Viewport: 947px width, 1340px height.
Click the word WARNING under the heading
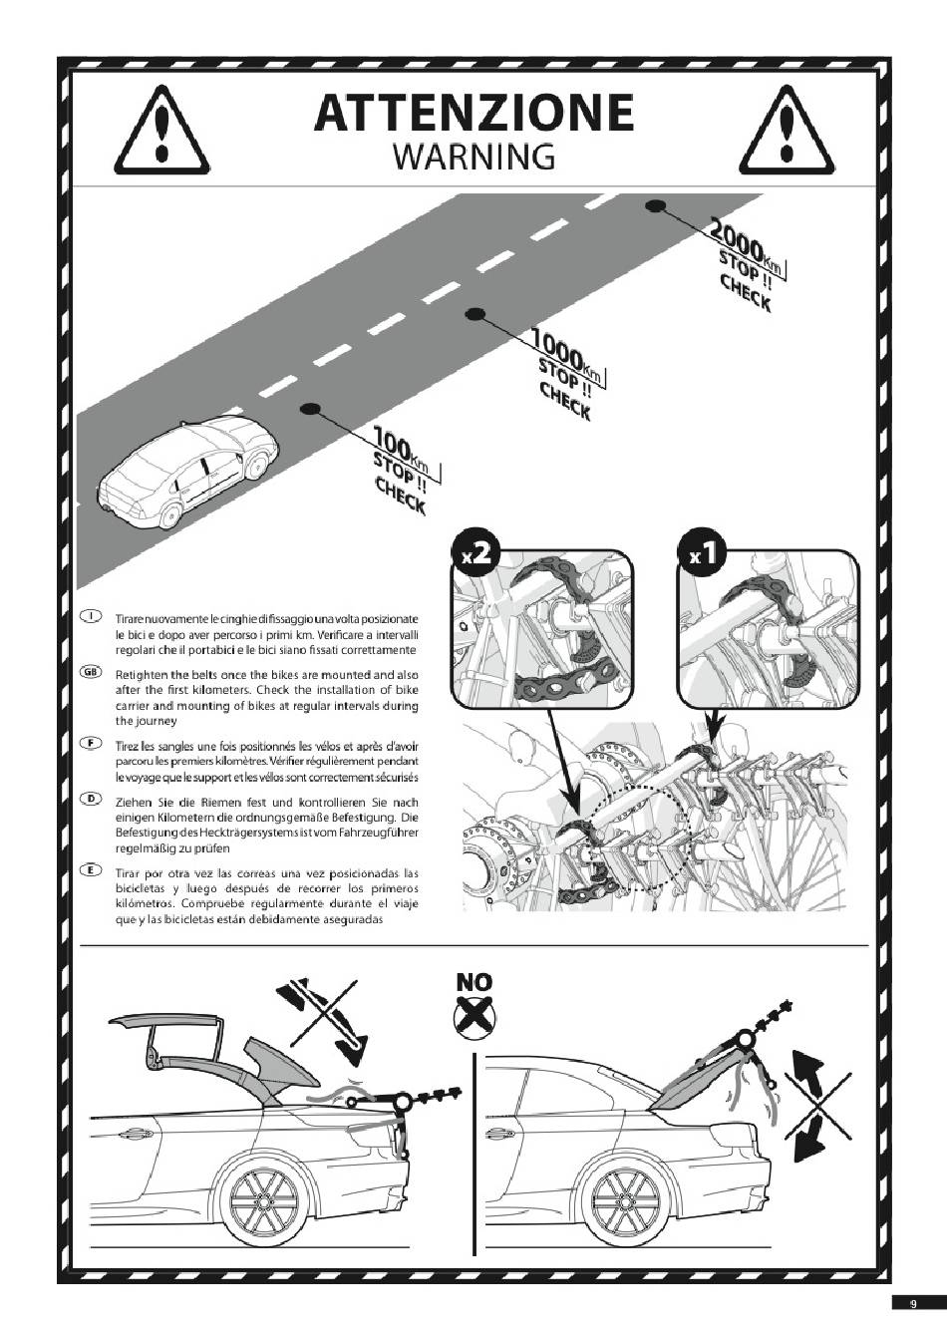pyautogui.click(x=473, y=157)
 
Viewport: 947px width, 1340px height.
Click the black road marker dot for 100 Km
pyautogui.click(x=310, y=409)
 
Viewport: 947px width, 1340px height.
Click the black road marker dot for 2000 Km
pyautogui.click(x=656, y=206)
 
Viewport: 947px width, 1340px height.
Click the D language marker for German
pyautogui.click(x=90, y=799)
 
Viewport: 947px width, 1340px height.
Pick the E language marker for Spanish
pyautogui.click(x=90, y=869)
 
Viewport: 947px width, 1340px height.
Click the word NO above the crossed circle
pyautogui.click(x=473, y=982)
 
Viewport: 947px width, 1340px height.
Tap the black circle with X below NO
pyautogui.click(x=473, y=1016)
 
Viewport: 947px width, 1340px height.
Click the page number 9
pyautogui.click(x=913, y=1300)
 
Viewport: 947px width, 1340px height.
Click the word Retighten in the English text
pyautogui.click(x=137, y=675)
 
